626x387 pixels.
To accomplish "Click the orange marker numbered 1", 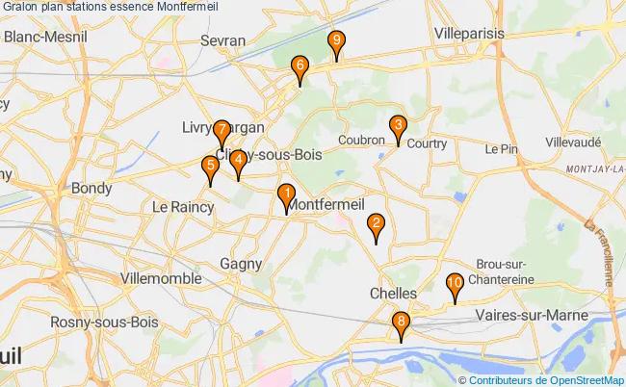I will click(285, 196).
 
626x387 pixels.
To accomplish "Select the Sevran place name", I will click(223, 40).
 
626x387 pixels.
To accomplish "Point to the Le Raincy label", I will click(176, 206).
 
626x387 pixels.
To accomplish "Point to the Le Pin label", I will click(502, 149).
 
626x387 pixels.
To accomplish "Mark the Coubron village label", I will click(361, 140).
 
